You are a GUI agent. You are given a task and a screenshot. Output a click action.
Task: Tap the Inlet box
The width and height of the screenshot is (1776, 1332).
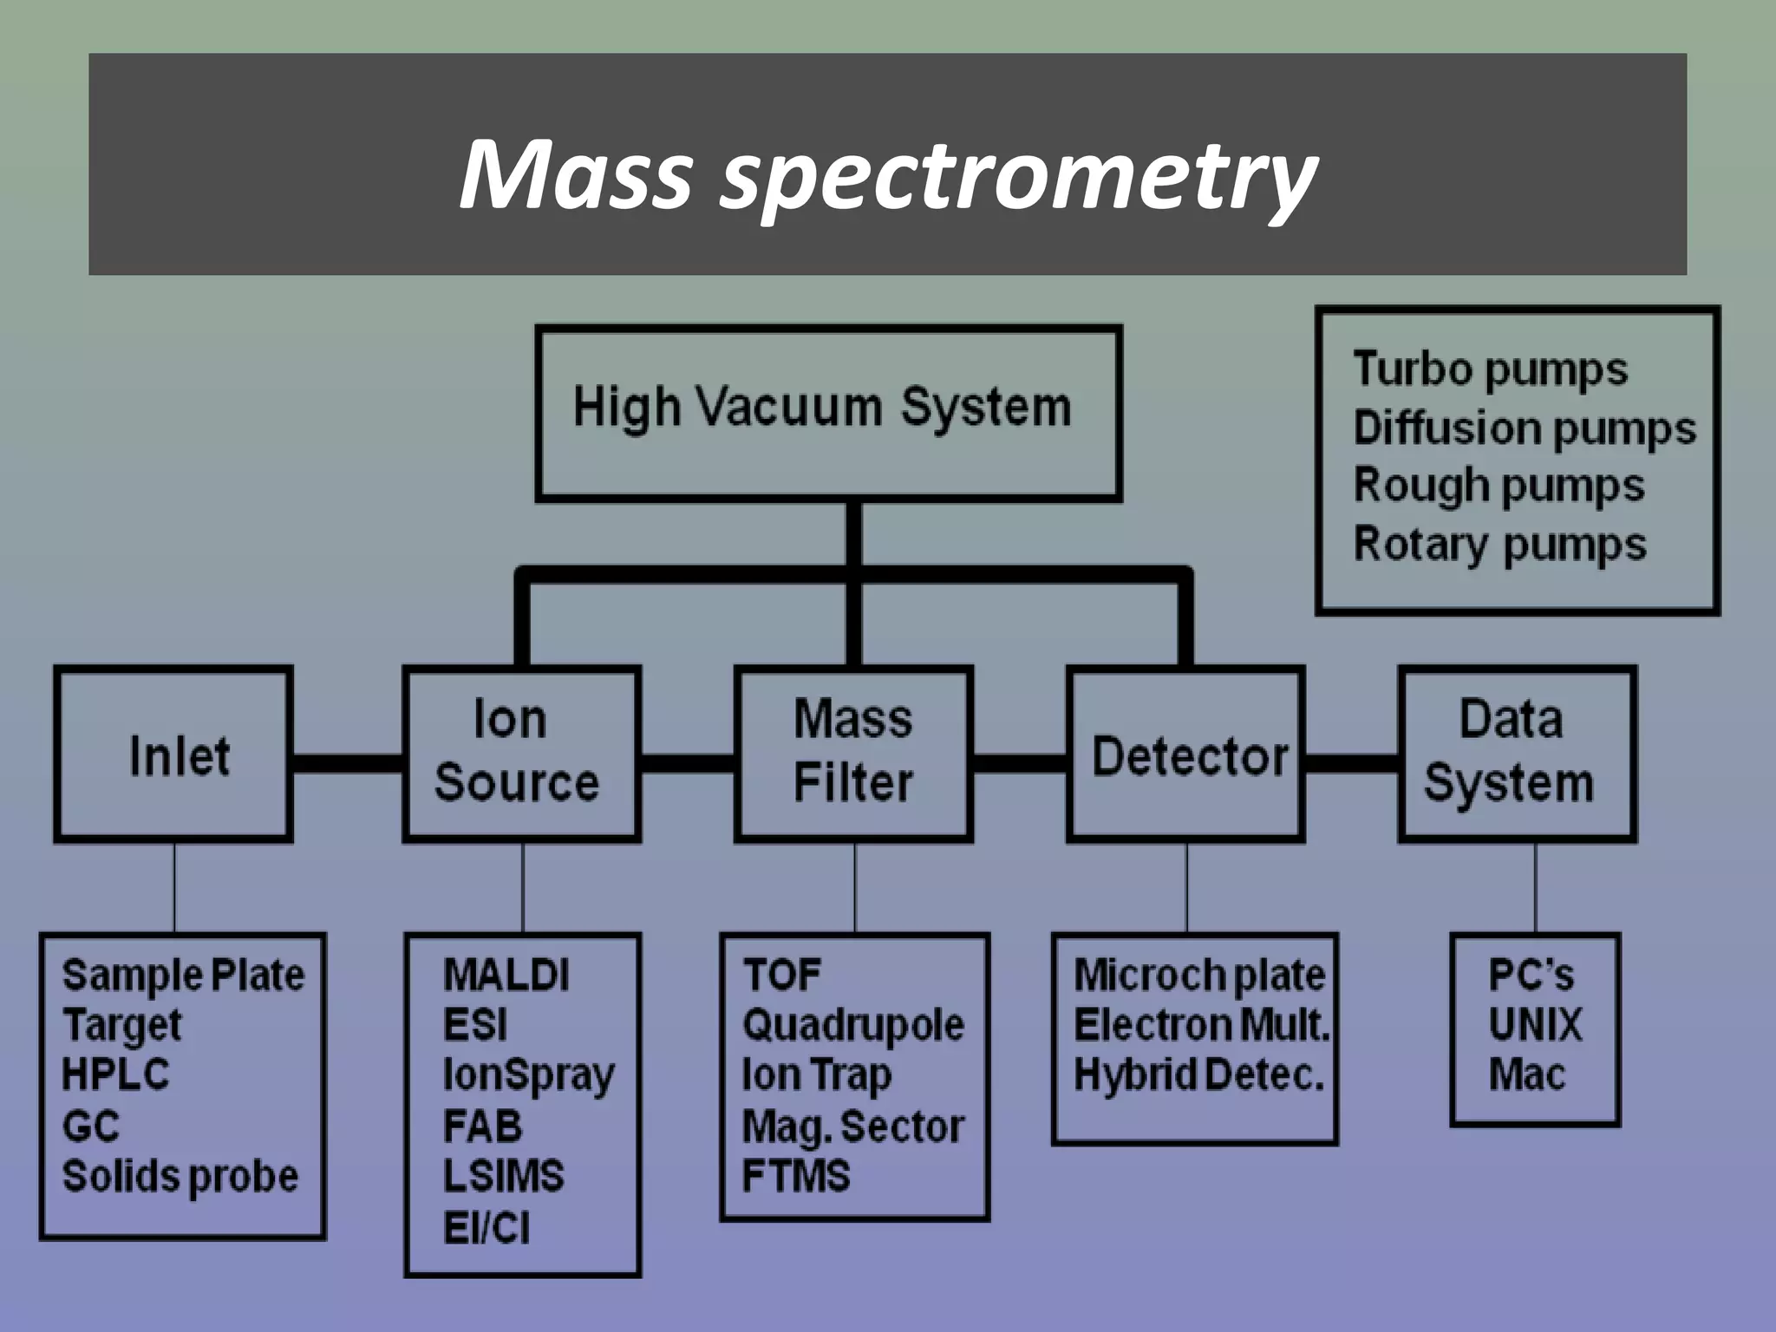click(x=173, y=754)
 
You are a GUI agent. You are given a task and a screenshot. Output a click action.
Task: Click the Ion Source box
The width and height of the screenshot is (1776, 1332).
click(x=521, y=753)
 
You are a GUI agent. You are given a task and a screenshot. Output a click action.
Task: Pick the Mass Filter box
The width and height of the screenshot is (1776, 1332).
click(x=853, y=753)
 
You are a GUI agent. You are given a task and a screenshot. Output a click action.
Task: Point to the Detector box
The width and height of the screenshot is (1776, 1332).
click(x=1185, y=754)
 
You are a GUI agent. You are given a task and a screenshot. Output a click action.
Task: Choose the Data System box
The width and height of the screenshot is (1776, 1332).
click(x=1517, y=753)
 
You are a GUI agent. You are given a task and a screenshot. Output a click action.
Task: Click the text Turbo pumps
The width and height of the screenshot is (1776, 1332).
click(x=1490, y=369)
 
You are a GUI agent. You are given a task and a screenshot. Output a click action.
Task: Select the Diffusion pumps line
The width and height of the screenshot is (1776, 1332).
click(x=1524, y=428)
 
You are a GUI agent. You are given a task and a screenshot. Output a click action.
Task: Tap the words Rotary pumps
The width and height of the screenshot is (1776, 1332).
click(x=1499, y=545)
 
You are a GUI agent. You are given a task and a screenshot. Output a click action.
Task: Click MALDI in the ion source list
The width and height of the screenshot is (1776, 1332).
click(x=506, y=976)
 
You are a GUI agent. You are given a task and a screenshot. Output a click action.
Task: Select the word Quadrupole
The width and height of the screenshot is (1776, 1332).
click(x=853, y=1026)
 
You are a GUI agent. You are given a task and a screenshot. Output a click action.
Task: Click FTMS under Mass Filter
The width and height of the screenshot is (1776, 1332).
click(x=796, y=1177)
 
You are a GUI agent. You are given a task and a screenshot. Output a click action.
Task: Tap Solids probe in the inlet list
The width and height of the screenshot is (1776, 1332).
click(x=180, y=1177)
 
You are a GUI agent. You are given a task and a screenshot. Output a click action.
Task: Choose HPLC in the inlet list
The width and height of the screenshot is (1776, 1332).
click(x=115, y=1075)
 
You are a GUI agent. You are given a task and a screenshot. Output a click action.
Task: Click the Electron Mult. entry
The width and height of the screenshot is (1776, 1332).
click(x=1201, y=1026)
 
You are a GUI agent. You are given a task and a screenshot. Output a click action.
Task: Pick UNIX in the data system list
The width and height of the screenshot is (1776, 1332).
click(x=1535, y=1026)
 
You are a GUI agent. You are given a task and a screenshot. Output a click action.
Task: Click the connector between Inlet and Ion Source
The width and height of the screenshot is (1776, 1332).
click(x=348, y=763)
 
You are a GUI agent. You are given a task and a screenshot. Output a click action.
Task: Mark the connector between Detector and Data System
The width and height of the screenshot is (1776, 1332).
click(x=1352, y=763)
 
